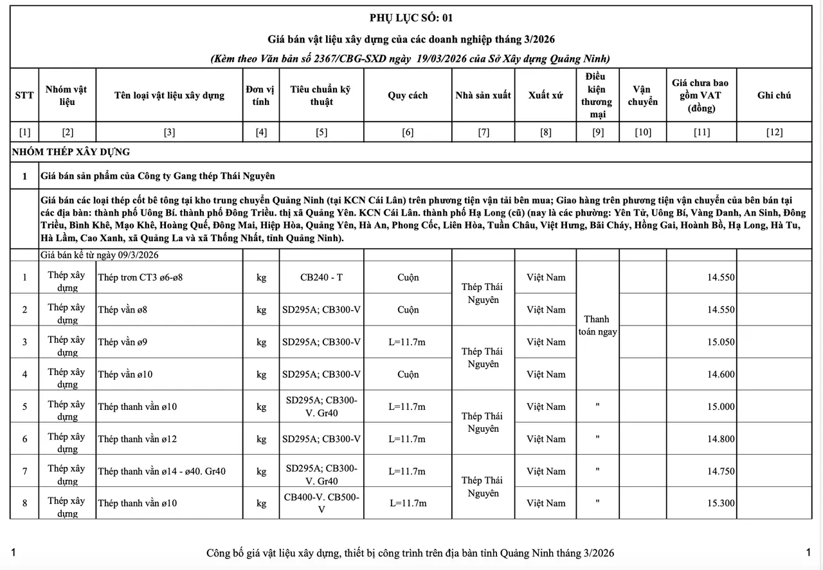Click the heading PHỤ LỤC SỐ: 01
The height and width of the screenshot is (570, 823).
(411, 17)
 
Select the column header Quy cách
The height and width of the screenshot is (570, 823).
(408, 95)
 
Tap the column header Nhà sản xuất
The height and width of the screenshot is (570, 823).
(483, 95)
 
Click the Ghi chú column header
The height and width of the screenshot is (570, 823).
(774, 95)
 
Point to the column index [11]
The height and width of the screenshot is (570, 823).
(701, 133)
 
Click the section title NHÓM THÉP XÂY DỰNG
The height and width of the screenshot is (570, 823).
(71, 152)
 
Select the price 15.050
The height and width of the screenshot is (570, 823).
(721, 342)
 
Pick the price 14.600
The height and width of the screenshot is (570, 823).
(721, 374)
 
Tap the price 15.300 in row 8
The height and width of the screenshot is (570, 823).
(721, 503)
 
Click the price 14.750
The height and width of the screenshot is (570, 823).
(721, 471)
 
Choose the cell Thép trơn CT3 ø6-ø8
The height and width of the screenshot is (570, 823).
(141, 278)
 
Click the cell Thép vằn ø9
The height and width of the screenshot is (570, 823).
(123, 342)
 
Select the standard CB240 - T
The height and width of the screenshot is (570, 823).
(321, 277)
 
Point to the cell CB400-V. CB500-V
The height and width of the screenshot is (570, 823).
(321, 503)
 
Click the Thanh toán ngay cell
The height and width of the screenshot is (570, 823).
(597, 326)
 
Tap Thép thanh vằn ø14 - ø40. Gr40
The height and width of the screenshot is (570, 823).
(162, 471)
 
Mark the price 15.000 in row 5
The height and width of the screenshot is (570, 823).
(721, 407)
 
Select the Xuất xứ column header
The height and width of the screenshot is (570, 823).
(546, 95)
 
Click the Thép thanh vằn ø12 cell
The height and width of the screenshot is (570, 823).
(138, 439)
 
